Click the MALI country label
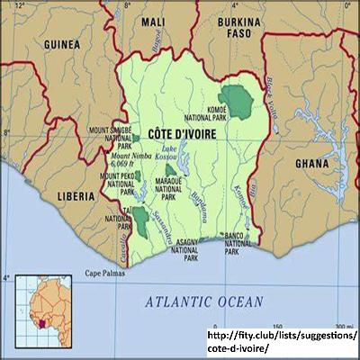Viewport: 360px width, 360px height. pos(154,22)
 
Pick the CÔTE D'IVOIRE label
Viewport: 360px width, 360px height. pos(180,133)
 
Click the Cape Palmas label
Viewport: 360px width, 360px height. pos(105,273)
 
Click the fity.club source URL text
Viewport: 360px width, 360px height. pos(281,341)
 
